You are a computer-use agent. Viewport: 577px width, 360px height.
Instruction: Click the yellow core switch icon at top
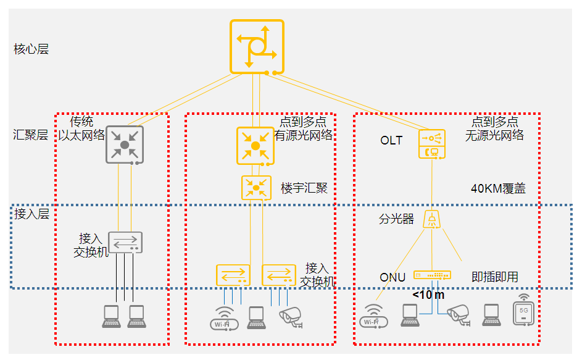257,46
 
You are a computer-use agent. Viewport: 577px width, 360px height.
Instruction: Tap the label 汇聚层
31,135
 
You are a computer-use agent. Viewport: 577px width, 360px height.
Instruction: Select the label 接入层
31,214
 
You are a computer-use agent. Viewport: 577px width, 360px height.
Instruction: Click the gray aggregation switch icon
125,144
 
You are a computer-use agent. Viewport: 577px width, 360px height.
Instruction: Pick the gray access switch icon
125,242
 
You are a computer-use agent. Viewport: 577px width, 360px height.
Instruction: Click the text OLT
391,141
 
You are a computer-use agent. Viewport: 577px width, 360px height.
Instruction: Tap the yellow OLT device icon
432,143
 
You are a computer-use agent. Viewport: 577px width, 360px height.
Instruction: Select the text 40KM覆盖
498,189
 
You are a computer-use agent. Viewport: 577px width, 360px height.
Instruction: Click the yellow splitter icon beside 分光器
432,220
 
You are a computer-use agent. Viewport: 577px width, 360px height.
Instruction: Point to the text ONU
392,277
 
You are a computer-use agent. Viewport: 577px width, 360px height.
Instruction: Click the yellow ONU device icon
432,275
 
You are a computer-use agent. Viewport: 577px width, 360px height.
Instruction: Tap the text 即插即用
494,277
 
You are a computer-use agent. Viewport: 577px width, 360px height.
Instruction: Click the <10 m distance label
428,295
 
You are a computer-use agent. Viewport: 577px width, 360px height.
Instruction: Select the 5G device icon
523,311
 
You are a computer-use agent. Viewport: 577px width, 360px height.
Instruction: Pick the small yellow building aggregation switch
256,187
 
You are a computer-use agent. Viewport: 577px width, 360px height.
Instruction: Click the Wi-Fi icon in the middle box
223,318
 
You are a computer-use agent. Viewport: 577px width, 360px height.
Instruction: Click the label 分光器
396,219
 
